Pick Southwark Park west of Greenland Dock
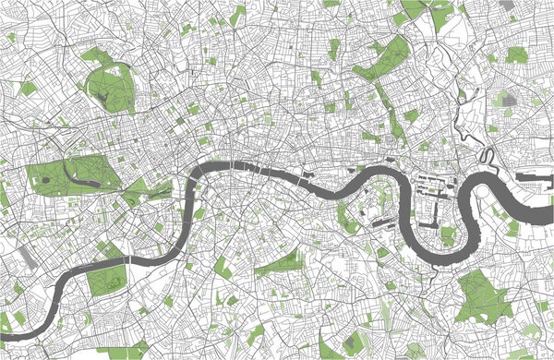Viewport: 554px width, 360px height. pyautogui.click(x=348, y=217)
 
